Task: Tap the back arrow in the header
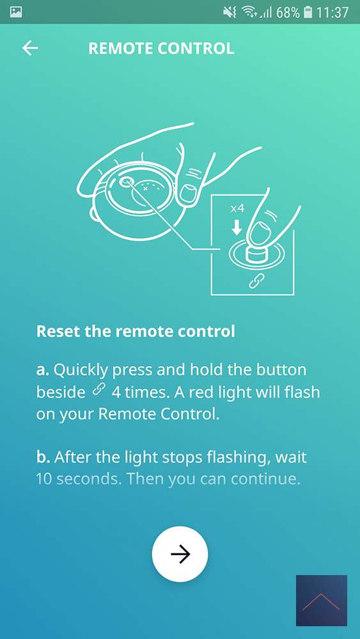coord(30,48)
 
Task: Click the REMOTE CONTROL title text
coord(161,49)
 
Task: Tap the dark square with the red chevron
coord(321,600)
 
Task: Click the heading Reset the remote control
coord(136,331)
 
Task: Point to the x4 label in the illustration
coord(237,209)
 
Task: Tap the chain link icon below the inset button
coord(256,281)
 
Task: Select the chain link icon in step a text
coord(98,390)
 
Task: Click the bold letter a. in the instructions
coord(43,371)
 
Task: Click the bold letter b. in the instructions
coord(43,457)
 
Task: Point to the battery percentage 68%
coord(288,12)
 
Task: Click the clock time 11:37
coord(333,12)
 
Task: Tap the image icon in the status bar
coord(16,12)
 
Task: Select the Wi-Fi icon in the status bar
coord(249,12)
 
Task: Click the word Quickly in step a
coord(81,371)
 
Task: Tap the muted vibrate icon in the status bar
coord(230,12)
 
